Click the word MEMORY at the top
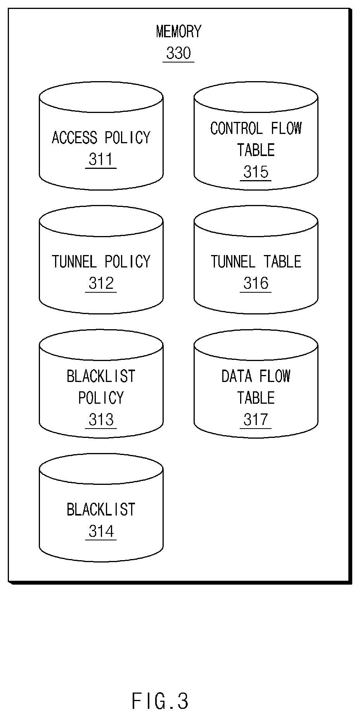(x=179, y=31)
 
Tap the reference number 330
(x=178, y=53)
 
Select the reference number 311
(x=101, y=159)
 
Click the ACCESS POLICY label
(x=101, y=137)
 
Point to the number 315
(x=256, y=172)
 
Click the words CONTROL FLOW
(x=256, y=128)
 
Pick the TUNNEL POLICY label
(x=101, y=261)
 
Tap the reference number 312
(x=101, y=283)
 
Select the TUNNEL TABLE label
(x=256, y=261)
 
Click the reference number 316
(x=256, y=283)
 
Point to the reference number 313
(x=101, y=419)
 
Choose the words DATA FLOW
(x=256, y=376)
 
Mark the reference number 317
(x=256, y=419)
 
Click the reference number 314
(x=101, y=531)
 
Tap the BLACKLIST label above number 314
(x=101, y=509)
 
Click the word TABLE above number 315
(x=256, y=150)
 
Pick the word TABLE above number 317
(x=256, y=398)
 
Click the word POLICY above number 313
(x=101, y=398)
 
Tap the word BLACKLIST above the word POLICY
(x=101, y=376)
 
